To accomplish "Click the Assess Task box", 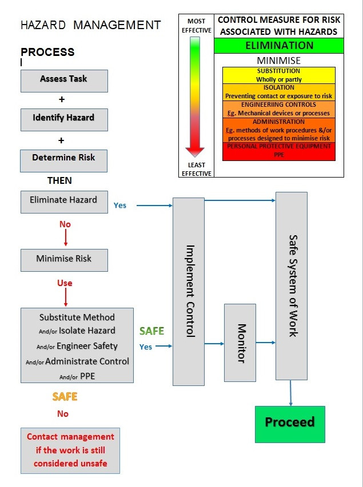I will point(64,80).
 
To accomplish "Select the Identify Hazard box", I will point(64,118).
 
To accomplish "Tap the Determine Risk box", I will point(64,158).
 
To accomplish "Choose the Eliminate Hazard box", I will point(64,201).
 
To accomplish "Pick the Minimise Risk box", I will point(64,259).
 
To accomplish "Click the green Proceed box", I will point(289,422).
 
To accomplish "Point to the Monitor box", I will point(240,343).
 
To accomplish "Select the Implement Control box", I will point(189,291).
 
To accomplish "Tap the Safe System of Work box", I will point(292,285).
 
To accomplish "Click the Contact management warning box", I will point(70,450).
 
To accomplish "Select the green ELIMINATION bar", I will point(279,46).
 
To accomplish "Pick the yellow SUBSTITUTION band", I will point(279,74).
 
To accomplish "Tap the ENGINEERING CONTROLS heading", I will point(278,105).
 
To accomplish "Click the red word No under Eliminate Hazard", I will point(65,224).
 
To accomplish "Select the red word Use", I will point(65,283).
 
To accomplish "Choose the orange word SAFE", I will point(65,396).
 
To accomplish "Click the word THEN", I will point(59,180).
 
